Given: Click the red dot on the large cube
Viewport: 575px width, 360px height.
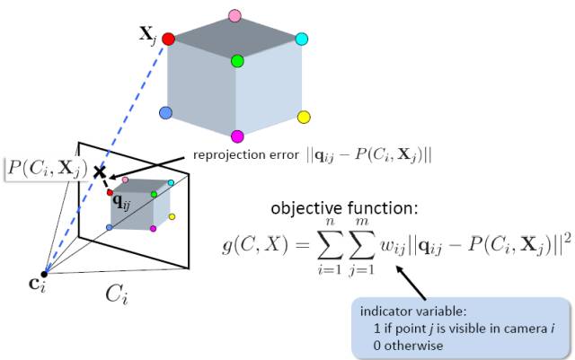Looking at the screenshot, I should (x=168, y=40).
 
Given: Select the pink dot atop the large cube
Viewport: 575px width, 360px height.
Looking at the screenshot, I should (x=235, y=15).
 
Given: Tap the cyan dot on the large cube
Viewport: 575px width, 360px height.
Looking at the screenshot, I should (x=302, y=39).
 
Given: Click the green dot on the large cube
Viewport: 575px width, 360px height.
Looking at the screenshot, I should (x=237, y=62).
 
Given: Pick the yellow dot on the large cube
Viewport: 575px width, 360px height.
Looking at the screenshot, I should (x=304, y=117).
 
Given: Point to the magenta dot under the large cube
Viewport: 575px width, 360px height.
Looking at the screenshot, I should (x=237, y=136).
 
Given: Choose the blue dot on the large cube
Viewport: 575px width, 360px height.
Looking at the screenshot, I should (x=165, y=113).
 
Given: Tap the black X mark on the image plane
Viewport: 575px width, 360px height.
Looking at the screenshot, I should (x=100, y=171).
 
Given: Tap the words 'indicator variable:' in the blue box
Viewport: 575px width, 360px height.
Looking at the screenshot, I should (x=411, y=311).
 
